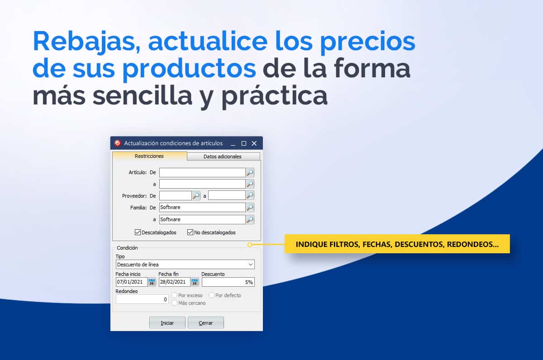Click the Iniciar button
pyautogui.click(x=167, y=323)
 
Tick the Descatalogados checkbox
pyautogui.click(x=138, y=232)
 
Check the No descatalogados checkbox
pyautogui.click(x=190, y=232)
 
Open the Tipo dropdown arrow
pyautogui.click(x=251, y=264)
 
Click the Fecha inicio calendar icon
pyautogui.click(x=152, y=282)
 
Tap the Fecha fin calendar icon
pyautogui.click(x=195, y=282)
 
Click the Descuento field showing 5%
pyautogui.click(x=228, y=282)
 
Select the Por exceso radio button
pyautogui.click(x=174, y=295)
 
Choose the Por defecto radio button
pyautogui.click(x=211, y=295)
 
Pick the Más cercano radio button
pyautogui.click(x=174, y=303)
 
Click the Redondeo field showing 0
pyautogui.click(x=142, y=299)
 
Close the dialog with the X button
pyautogui.click(x=254, y=143)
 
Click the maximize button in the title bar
pyautogui.click(x=244, y=143)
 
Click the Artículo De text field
pyautogui.click(x=202, y=172)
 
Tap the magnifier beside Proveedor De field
pyautogui.click(x=196, y=195)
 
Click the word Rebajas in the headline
pyautogui.click(x=86, y=41)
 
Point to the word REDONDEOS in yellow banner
pyautogui.click(x=473, y=244)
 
